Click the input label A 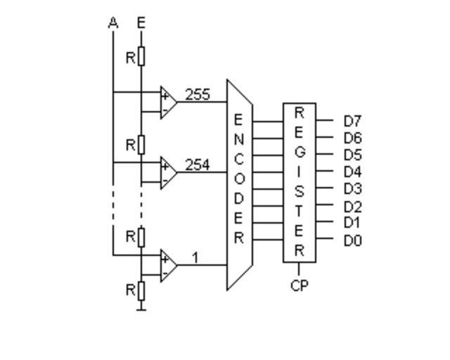pyautogui.click(x=113, y=23)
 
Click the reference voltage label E pyautogui.click(x=141, y=23)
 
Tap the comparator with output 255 pyautogui.click(x=167, y=102)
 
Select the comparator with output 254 pyautogui.click(x=167, y=173)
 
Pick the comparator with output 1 pyautogui.click(x=167, y=265)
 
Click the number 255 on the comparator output pyautogui.click(x=197, y=94)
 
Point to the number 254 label pyautogui.click(x=197, y=165)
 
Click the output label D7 pyautogui.click(x=352, y=122)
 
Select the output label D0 pyautogui.click(x=352, y=241)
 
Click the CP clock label pyautogui.click(x=299, y=286)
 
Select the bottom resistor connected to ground pyautogui.click(x=141, y=289)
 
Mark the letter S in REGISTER pyautogui.click(x=299, y=191)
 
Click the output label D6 pyautogui.click(x=352, y=139)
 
